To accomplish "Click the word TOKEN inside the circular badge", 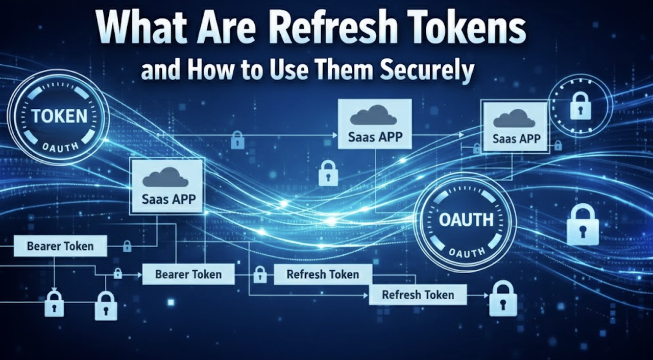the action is coord(59,116).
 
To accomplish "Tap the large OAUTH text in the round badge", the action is coord(466,221).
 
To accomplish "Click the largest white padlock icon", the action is coord(583,224).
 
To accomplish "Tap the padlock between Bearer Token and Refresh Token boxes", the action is coord(260,274).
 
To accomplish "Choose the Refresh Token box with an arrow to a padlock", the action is coord(418,295).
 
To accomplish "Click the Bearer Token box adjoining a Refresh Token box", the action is coord(188,274).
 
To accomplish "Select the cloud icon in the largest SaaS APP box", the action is coord(165,177).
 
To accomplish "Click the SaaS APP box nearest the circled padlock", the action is coord(516,126).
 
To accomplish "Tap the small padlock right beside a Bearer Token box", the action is coord(127,247).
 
